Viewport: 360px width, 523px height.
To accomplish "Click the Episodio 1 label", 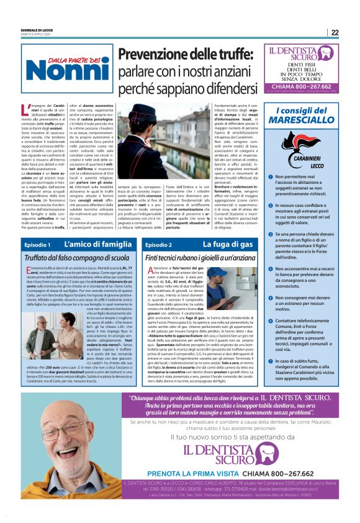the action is [x=38, y=245].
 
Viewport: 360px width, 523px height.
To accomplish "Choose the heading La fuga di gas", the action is [x=227, y=245].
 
